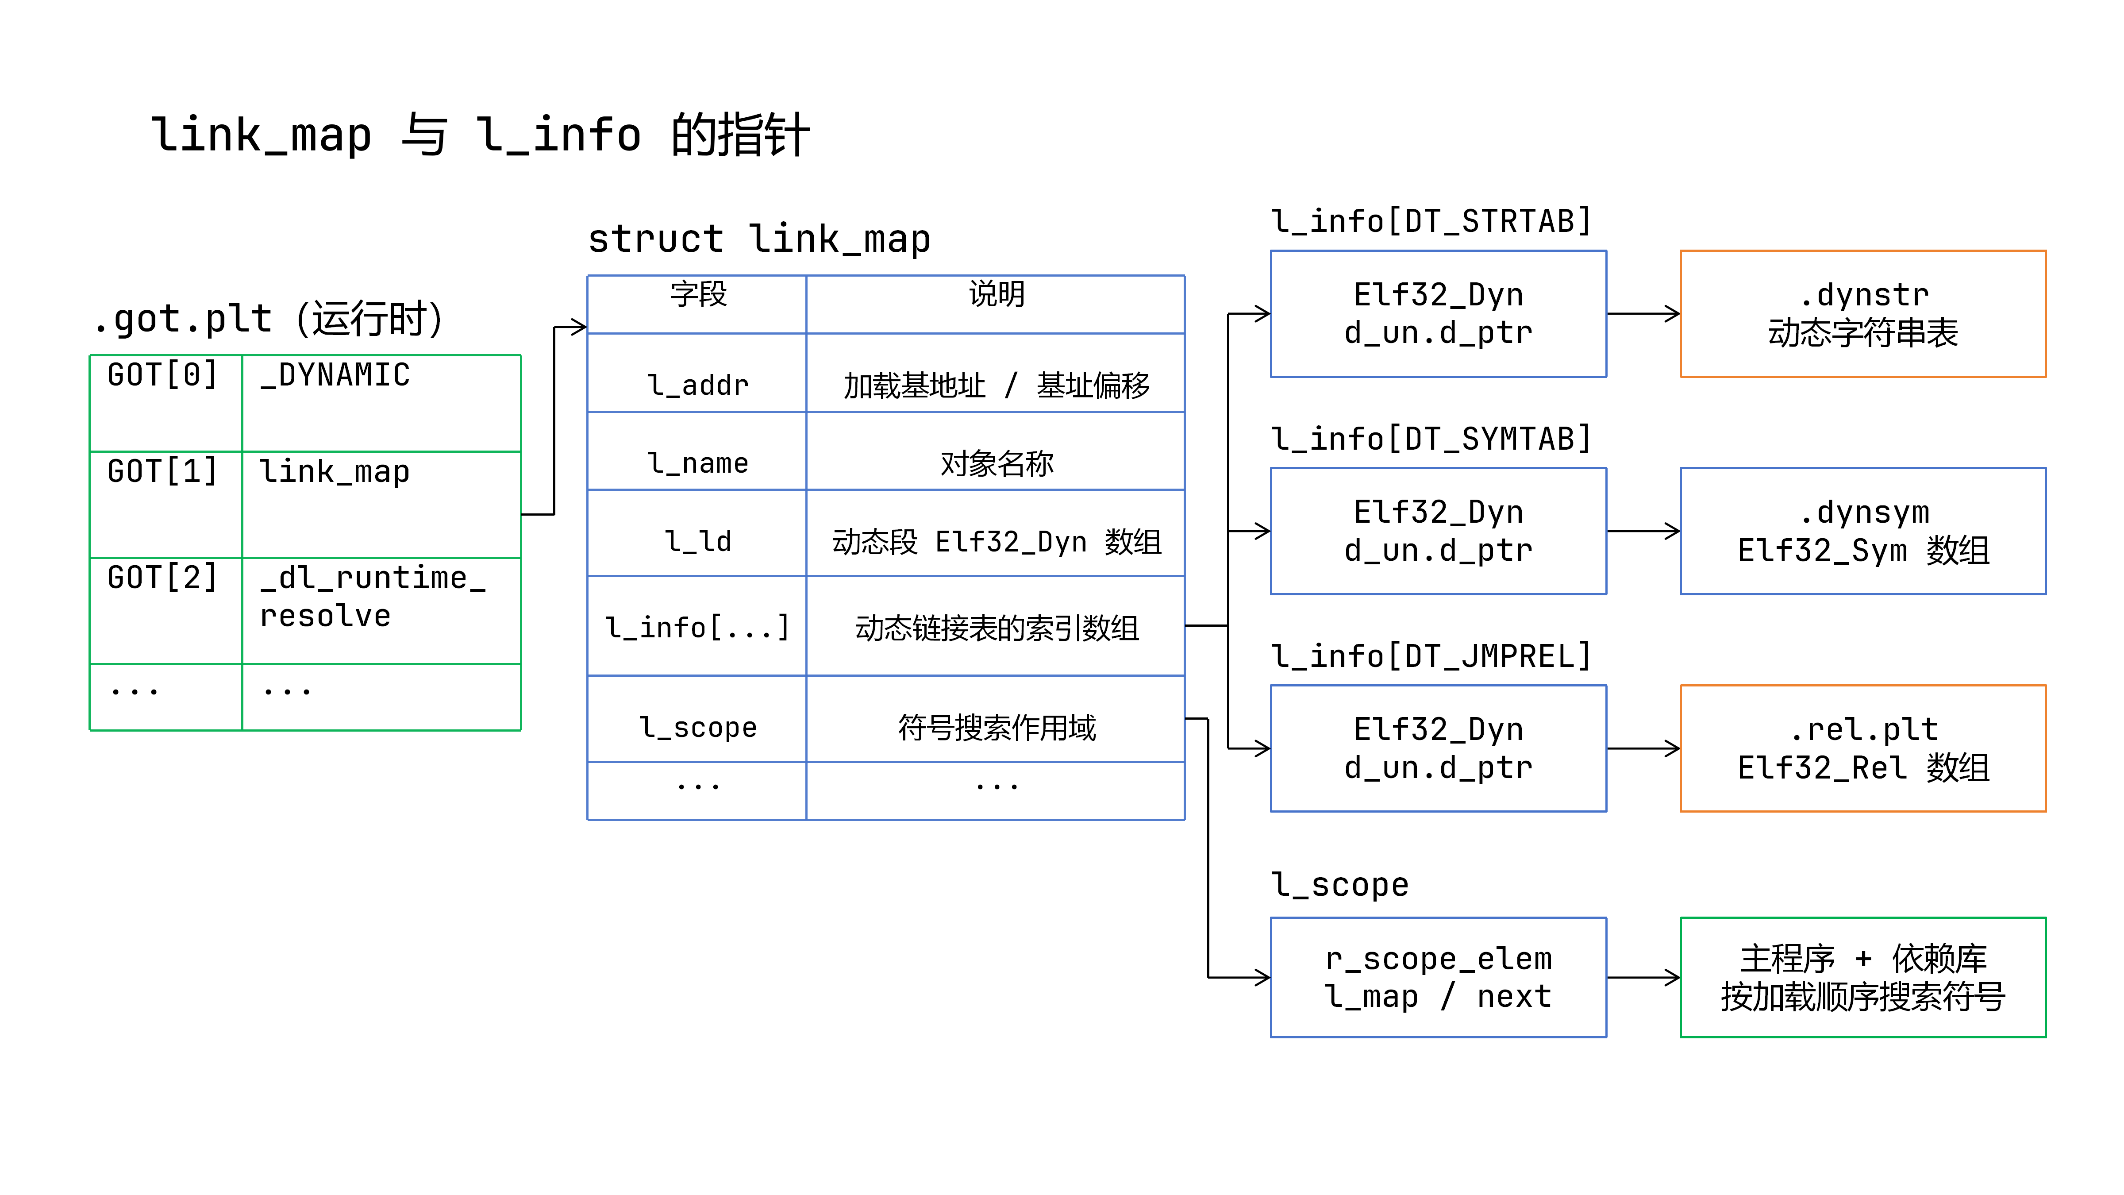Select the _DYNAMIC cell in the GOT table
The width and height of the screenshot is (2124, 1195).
pos(381,403)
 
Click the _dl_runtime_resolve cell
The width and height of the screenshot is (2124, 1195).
pos(381,610)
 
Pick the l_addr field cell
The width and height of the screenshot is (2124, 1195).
pos(697,373)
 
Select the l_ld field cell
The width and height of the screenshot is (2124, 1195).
pos(697,533)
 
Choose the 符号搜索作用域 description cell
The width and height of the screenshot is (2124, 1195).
pos(995,718)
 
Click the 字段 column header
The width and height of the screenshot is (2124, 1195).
pos(697,305)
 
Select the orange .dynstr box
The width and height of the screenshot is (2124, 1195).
pos(1862,313)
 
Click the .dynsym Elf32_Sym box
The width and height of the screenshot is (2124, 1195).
pos(1862,531)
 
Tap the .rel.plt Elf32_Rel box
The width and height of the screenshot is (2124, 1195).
pos(1862,748)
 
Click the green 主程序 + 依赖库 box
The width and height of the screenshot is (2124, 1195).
pos(1862,977)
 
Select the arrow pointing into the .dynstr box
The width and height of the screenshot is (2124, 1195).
pos(1643,313)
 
